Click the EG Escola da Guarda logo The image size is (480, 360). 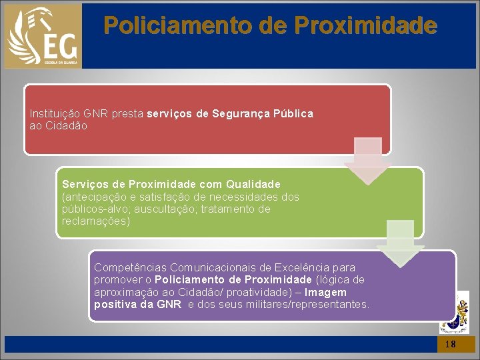(43, 35)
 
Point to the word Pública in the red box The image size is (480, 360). (293, 114)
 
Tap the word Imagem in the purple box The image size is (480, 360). (326, 292)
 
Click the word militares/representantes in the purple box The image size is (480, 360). (311, 304)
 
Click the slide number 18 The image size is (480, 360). (451, 344)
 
